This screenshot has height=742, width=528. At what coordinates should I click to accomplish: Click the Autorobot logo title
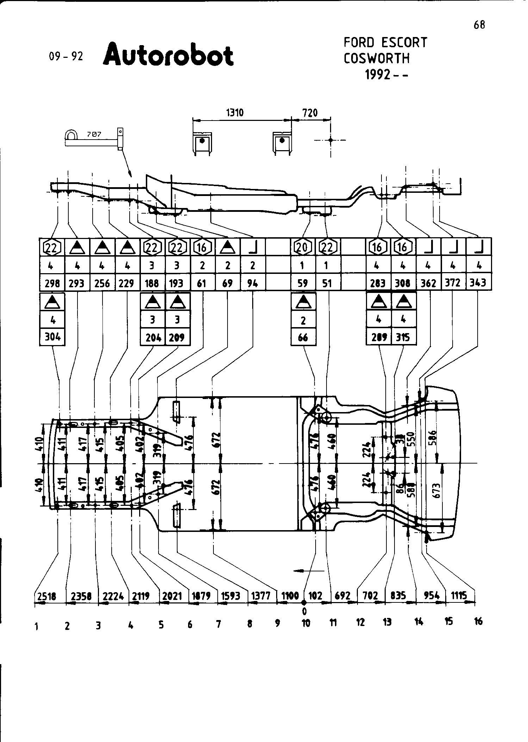click(168, 55)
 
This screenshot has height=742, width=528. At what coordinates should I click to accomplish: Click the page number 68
click(479, 25)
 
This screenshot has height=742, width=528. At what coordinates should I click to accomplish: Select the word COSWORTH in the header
click(377, 58)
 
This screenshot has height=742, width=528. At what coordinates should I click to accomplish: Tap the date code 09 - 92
click(66, 56)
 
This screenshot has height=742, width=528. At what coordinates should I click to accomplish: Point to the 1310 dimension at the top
click(235, 113)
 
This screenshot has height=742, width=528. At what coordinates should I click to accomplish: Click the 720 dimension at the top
click(310, 113)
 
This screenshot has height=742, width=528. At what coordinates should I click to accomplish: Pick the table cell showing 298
click(52, 283)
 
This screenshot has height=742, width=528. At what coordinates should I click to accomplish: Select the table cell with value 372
click(453, 282)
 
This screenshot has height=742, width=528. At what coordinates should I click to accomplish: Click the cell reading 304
click(52, 337)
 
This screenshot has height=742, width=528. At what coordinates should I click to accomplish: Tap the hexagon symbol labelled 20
click(303, 247)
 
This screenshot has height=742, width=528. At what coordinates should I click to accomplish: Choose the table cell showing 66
click(303, 337)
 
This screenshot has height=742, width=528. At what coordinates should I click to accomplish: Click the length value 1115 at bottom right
click(459, 596)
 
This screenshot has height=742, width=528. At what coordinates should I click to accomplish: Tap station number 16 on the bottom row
click(478, 621)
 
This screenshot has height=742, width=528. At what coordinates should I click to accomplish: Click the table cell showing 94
click(253, 283)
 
